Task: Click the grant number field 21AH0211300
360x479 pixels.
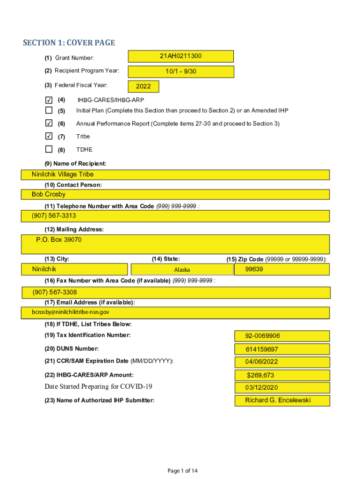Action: point(180,56)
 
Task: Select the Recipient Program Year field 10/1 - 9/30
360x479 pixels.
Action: point(180,72)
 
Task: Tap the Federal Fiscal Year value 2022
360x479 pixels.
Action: point(143,87)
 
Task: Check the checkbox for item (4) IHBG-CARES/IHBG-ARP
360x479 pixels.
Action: point(49,100)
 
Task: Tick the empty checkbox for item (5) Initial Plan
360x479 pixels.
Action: point(49,111)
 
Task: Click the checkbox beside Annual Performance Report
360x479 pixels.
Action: point(49,123)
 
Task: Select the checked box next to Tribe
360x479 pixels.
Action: point(49,136)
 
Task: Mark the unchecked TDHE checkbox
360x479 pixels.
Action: point(49,149)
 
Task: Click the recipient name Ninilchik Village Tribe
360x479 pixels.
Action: point(63,174)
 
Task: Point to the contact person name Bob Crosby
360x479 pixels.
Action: point(49,194)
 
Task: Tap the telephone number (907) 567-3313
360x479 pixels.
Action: point(54,216)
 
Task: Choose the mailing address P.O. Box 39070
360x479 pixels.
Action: point(59,240)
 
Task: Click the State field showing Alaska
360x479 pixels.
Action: point(182,269)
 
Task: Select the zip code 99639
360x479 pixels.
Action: point(254,269)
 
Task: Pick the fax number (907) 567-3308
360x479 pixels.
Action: point(55,292)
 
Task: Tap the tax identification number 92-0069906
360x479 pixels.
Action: point(263,336)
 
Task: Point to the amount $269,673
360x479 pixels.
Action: point(260,375)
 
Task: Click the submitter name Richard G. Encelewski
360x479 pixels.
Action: point(278,400)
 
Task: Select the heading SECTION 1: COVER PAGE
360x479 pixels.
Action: point(69,43)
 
